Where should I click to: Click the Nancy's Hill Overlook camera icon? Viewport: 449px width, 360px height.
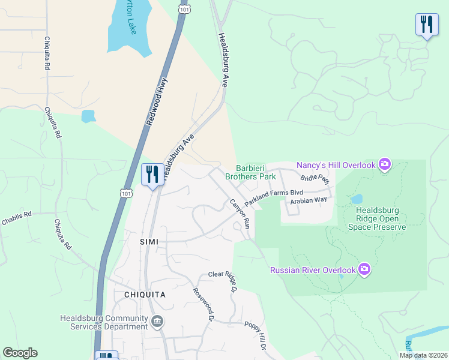(x=385, y=164)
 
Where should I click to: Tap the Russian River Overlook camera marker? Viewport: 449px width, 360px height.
(x=364, y=269)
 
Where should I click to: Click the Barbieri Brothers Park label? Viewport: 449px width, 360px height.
(x=250, y=172)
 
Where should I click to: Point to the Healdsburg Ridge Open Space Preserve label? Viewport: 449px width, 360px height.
(x=381, y=218)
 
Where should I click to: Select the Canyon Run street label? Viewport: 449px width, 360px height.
(x=240, y=214)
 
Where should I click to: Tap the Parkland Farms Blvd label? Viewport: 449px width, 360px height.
(x=273, y=197)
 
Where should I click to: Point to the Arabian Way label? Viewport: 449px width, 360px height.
(x=308, y=200)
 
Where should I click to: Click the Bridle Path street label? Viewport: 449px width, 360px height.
(x=315, y=179)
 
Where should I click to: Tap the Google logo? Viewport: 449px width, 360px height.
(x=20, y=353)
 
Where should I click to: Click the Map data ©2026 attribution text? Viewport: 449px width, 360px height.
(x=423, y=355)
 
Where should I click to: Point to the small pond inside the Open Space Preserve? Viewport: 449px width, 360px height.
(x=357, y=199)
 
